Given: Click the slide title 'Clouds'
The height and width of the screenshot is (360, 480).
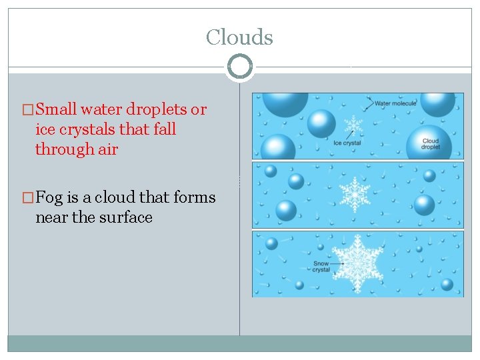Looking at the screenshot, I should point(239,37).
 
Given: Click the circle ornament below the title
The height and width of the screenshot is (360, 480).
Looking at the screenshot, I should point(239,67).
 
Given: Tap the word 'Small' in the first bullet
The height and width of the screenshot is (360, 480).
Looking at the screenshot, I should point(56,109).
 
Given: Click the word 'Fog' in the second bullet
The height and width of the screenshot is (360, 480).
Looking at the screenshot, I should point(50,197).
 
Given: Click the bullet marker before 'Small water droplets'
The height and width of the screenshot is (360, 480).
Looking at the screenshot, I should point(27,110).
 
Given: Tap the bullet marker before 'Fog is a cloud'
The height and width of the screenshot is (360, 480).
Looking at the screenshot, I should point(27,198).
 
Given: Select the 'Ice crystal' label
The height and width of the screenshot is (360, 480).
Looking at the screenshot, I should point(347,143).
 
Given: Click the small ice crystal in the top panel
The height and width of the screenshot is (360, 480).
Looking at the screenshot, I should point(353,124).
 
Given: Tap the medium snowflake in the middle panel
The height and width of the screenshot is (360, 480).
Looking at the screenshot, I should point(355,194).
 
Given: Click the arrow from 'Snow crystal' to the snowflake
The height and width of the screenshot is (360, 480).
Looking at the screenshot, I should point(338,263).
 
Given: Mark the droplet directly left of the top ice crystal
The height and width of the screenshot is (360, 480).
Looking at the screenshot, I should point(321,124).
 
